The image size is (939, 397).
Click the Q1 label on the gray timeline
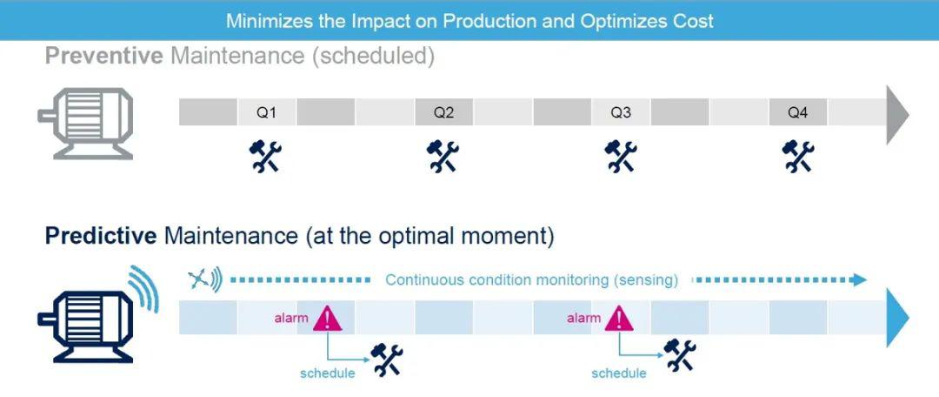pyautogui.click(x=266, y=113)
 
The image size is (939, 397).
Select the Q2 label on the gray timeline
pyautogui.click(x=443, y=113)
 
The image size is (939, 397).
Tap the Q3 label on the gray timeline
pyautogui.click(x=621, y=113)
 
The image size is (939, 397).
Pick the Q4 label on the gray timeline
pyautogui.click(x=797, y=113)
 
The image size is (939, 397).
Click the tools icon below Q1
pyautogui.click(x=265, y=156)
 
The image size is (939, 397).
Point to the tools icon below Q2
pyautogui.click(x=443, y=156)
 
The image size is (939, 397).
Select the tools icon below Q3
pyautogui.click(x=621, y=156)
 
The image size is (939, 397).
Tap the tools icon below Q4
pyautogui.click(x=797, y=156)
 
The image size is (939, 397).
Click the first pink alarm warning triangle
pyautogui.click(x=327, y=318)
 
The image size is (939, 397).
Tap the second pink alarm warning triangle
pyautogui.click(x=618, y=318)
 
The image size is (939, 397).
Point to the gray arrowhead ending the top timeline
pyautogui.click(x=896, y=114)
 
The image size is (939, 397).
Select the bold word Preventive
pyautogui.click(x=103, y=57)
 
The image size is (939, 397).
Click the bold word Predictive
pyautogui.click(x=101, y=236)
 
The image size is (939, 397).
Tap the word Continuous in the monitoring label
pyautogui.click(x=424, y=280)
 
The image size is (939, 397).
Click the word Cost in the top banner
pyautogui.click(x=692, y=20)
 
